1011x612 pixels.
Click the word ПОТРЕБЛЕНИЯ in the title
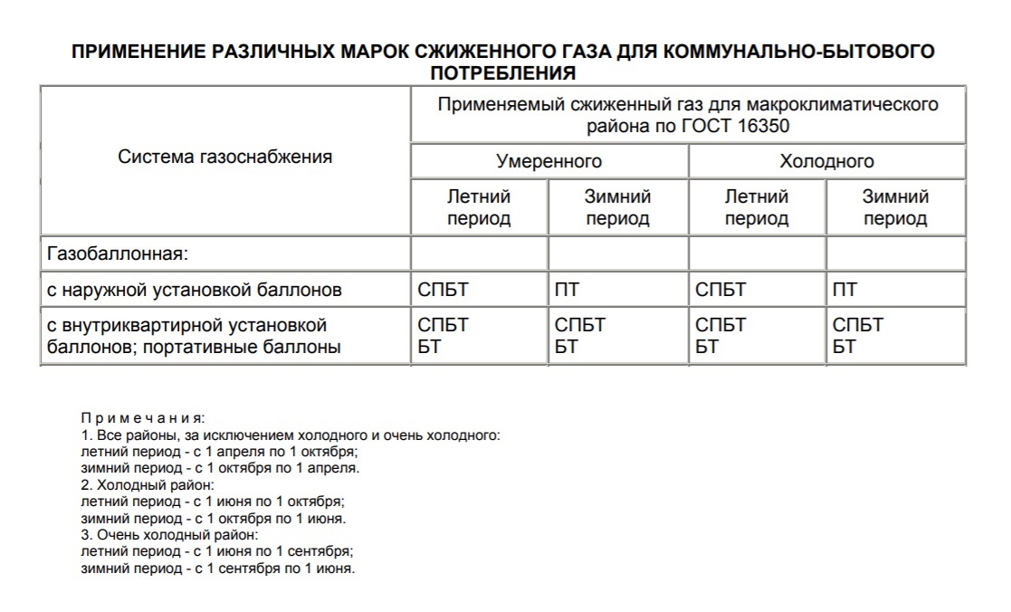tap(503, 72)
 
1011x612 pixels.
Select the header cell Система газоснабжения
tap(225, 157)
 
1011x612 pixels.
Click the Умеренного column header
tap(548, 161)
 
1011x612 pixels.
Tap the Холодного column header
tap(826, 161)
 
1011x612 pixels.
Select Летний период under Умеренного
tap(479, 207)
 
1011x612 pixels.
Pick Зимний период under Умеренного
tap(617, 207)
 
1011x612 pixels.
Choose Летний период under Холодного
tap(757, 207)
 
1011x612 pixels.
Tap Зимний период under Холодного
tap(895, 207)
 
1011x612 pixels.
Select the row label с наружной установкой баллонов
tap(195, 291)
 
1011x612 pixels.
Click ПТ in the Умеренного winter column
tap(567, 291)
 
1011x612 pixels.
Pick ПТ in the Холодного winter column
tap(844, 291)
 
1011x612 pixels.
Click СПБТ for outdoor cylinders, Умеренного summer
tap(444, 291)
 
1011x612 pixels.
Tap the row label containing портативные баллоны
tap(194, 346)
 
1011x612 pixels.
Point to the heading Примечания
tap(143, 418)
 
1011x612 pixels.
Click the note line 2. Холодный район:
tap(147, 485)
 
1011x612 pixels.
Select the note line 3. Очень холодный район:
tap(169, 535)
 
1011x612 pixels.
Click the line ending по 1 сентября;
tap(216, 551)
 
